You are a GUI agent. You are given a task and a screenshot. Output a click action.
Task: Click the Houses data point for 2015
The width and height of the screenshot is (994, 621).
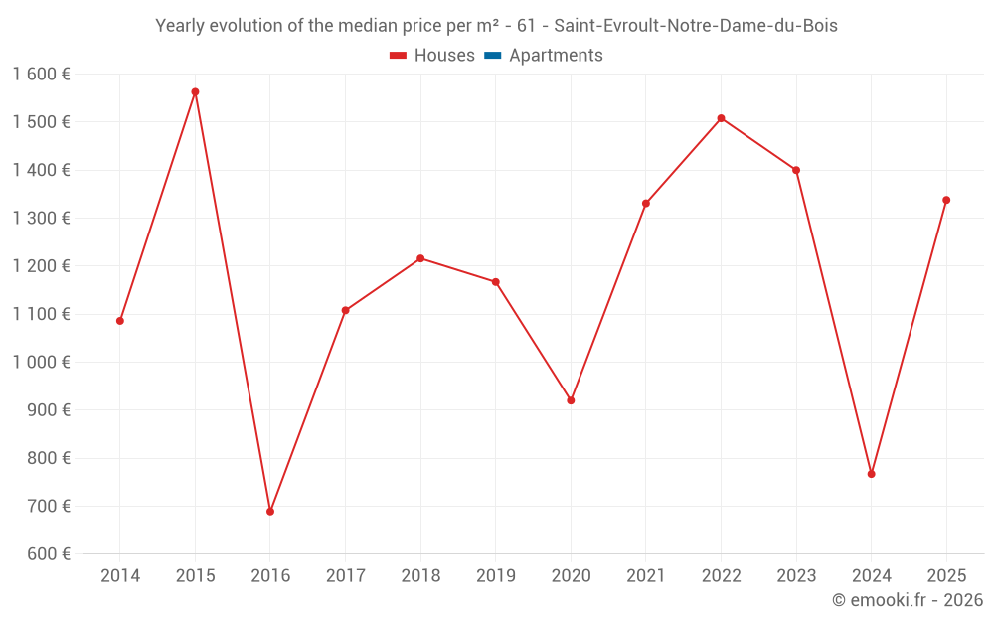[x=195, y=92]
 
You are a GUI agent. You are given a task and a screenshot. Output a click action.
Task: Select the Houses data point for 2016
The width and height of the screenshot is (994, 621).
[x=270, y=512]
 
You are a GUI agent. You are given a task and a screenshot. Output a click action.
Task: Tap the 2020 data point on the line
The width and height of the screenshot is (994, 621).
[x=571, y=400]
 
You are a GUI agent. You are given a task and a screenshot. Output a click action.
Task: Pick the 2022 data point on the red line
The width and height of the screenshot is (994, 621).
[x=721, y=118]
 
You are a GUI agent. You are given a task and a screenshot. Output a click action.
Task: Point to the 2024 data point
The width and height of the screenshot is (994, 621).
[x=871, y=474]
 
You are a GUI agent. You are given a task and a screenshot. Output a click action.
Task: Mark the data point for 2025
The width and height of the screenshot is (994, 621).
[x=946, y=200]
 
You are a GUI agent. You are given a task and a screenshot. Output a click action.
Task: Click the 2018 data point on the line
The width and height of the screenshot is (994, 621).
[x=420, y=258]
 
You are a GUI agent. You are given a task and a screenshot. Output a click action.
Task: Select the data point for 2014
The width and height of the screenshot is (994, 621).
[x=120, y=321]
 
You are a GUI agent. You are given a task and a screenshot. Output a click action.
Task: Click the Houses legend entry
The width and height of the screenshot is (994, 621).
[x=432, y=56]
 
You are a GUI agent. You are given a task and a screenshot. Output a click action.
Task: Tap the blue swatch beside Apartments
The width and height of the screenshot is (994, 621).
[x=492, y=56]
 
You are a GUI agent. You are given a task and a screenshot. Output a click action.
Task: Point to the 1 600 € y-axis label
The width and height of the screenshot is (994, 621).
[x=41, y=75]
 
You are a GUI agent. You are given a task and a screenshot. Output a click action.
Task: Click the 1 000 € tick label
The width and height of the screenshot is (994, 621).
[x=41, y=363]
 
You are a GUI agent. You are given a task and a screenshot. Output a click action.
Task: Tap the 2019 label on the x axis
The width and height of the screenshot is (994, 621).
[x=496, y=576]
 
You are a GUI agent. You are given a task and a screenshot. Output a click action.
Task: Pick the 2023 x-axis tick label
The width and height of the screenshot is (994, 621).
[x=796, y=576]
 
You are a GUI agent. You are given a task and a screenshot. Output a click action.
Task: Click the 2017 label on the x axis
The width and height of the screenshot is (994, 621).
[x=345, y=576]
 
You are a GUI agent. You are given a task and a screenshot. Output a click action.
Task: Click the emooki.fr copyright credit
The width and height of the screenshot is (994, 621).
[x=908, y=600]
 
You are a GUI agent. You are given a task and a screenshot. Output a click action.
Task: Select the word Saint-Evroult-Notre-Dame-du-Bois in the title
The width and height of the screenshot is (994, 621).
[x=696, y=26]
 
